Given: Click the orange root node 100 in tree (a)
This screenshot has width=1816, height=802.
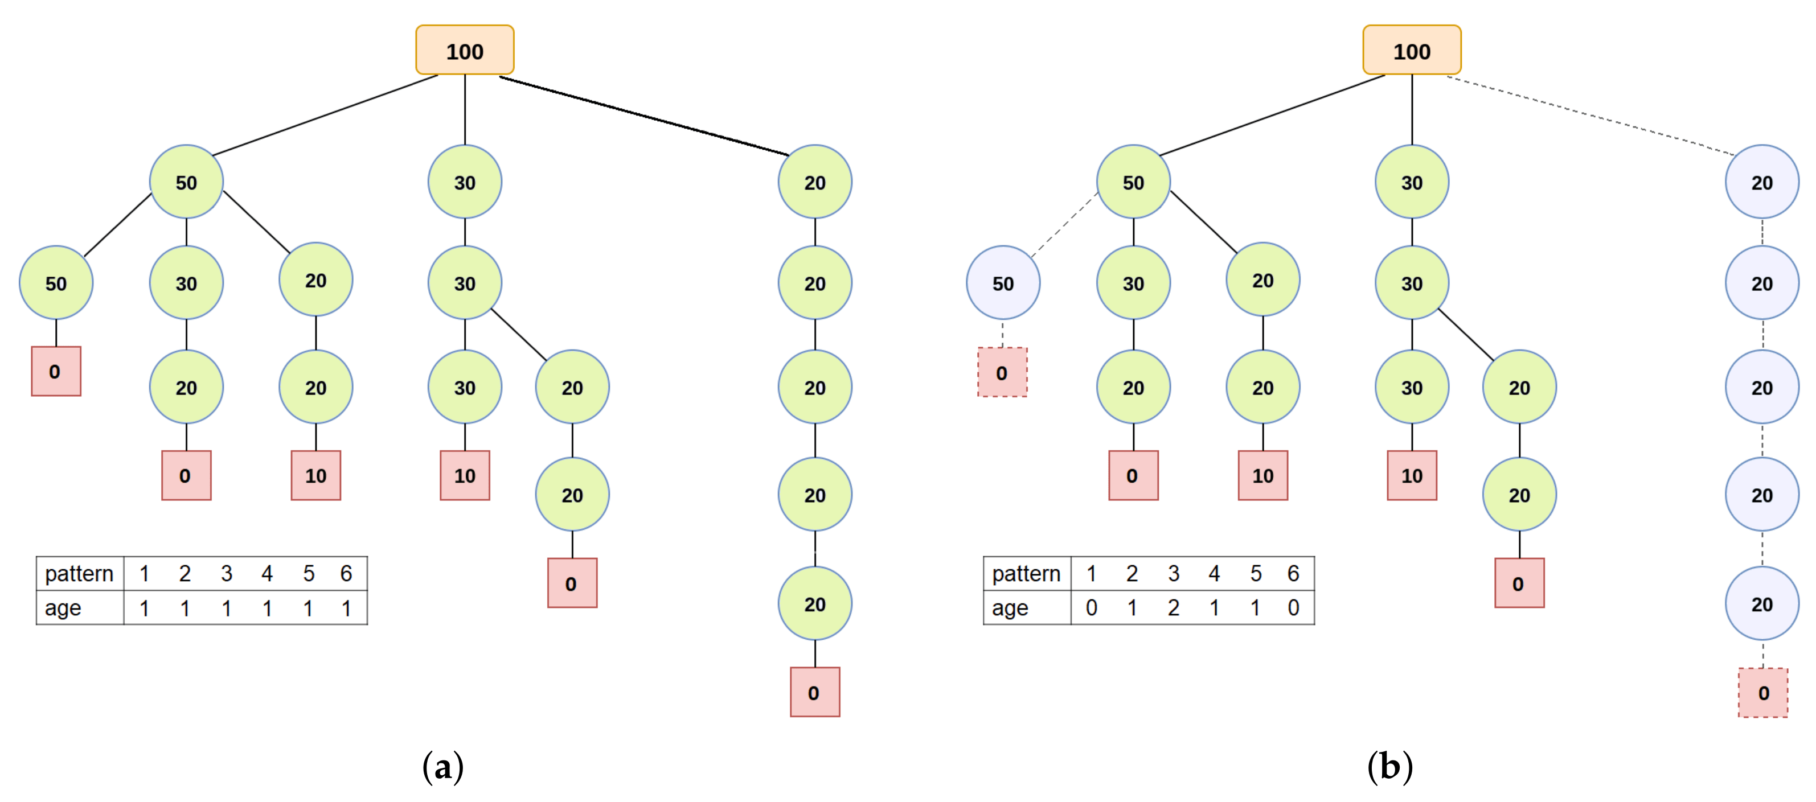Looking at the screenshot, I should pos(465,51).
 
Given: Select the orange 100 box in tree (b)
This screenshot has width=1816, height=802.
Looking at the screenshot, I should pos(1411,51).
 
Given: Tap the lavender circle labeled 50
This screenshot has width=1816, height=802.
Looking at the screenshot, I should pos(1002,283).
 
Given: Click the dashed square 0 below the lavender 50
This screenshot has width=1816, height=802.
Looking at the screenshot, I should pos(1002,372).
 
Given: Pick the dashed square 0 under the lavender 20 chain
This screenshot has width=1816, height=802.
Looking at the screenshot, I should pos(1762,693).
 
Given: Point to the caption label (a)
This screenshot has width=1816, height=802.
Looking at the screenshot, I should pos(442,767).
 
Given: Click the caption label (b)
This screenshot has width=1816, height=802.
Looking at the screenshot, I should pos(1389,767).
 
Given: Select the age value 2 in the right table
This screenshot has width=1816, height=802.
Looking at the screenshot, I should pos(1173,607).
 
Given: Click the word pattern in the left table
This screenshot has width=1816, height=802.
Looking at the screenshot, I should pos(79,574).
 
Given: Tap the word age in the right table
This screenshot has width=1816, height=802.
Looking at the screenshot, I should pos(1010,607).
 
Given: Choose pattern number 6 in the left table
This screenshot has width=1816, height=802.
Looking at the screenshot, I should pos(346,574).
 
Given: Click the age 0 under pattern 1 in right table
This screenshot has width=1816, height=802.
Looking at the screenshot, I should pos(1091,607).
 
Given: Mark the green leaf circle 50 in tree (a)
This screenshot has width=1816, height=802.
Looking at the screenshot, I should pos(56,283).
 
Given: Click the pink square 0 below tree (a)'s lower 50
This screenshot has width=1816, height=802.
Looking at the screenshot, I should pos(56,371).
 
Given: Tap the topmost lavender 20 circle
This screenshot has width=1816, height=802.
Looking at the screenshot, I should pos(1762,183).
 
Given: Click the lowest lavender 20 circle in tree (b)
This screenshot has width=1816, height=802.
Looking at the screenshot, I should pos(1762,604).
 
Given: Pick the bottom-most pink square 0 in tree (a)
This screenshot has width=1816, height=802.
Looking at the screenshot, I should pos(814,692).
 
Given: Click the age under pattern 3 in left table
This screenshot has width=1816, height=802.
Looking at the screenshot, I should pos(226,607).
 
